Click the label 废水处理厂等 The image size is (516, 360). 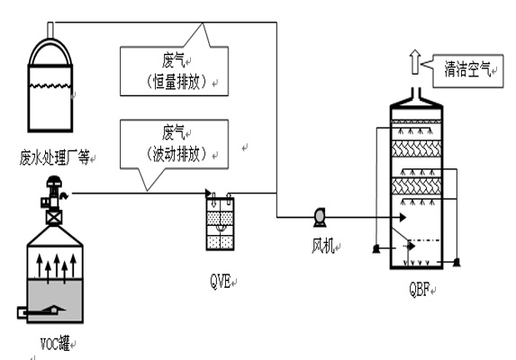pos(54,157)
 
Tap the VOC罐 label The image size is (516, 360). pos(55,343)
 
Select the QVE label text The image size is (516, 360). pos(220,282)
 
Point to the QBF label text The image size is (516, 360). pos(420,289)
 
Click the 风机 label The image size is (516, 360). pos(322,246)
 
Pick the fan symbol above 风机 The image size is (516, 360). pos(319,217)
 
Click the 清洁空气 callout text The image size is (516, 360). pos(467,69)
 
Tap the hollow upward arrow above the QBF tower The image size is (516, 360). pos(415,62)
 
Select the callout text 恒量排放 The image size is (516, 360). pos(177,82)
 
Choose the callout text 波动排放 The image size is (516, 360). pos(177,154)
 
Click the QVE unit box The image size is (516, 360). pos(220,223)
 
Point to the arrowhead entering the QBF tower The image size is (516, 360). pos(403,217)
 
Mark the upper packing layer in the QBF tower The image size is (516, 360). pos(416,148)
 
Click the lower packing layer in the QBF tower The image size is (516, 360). pos(416,186)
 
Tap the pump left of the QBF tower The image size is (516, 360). pos(376,249)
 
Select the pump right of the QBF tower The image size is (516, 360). pos(456,262)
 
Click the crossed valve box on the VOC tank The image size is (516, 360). pos(54,218)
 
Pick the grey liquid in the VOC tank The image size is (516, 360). pos(55,301)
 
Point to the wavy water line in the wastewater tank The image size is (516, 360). pos(50,86)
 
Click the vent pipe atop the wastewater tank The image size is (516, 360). pos(50,31)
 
